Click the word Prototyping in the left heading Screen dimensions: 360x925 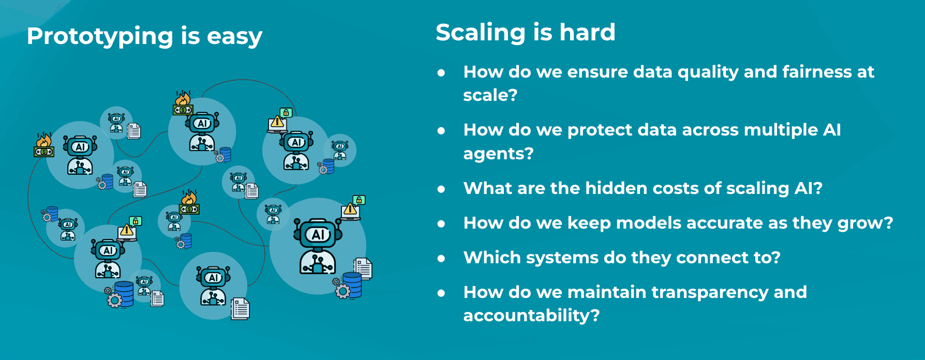tap(100, 37)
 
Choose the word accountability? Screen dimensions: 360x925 tap(531, 316)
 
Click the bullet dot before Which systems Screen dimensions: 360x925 tap(441, 259)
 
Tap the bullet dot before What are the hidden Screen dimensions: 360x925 tap(441, 189)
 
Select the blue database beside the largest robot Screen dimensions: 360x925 tap(352, 285)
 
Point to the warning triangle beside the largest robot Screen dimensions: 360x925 tap(350, 209)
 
